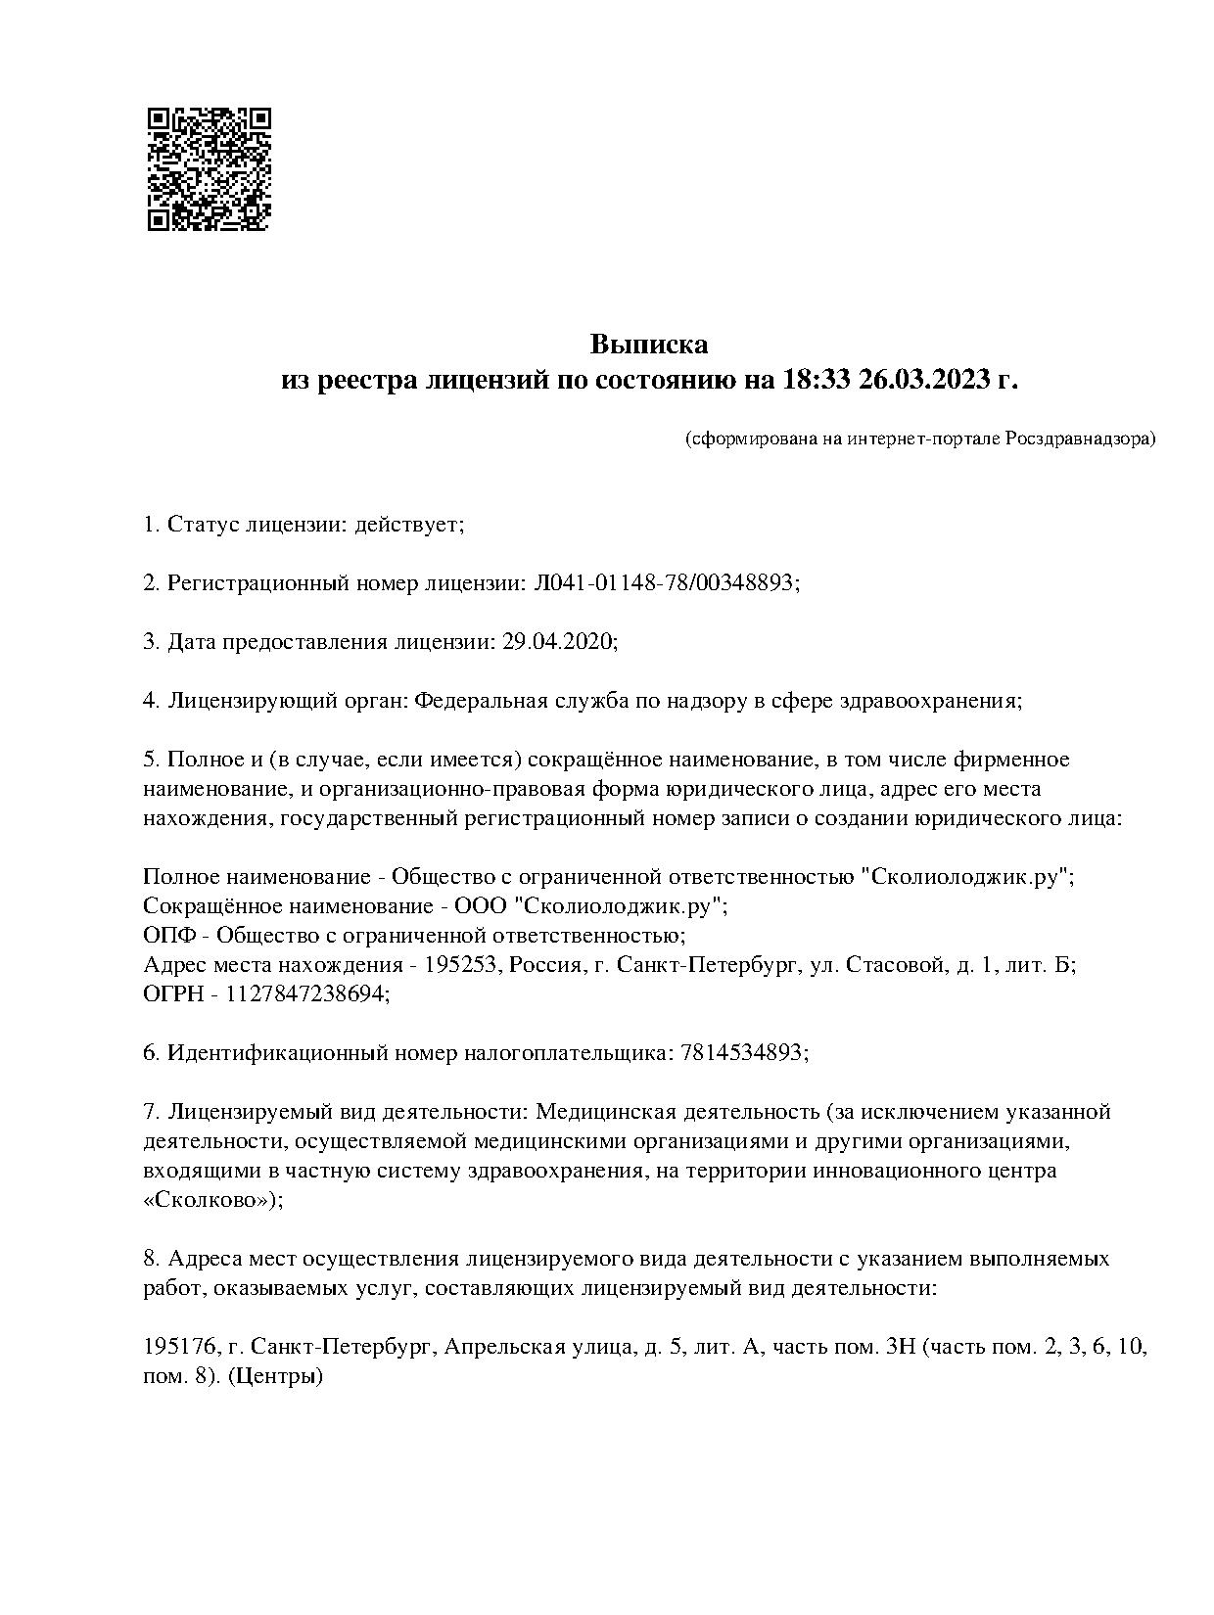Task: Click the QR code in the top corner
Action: (209, 169)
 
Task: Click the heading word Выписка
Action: (648, 345)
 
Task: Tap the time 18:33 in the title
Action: (817, 379)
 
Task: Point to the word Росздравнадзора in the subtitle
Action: (1080, 438)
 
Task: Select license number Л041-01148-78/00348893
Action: (664, 583)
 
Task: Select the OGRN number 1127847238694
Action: (305, 994)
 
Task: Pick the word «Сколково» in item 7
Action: (210, 1200)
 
